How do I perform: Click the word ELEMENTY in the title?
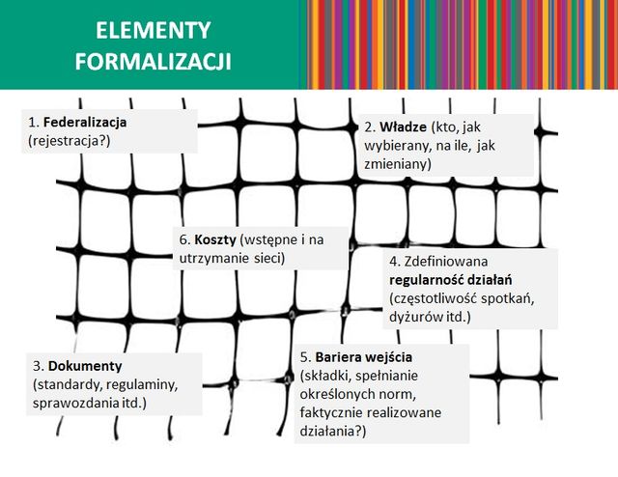tap(153, 31)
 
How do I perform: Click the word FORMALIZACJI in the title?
tap(153, 62)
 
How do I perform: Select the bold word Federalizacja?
tap(85, 123)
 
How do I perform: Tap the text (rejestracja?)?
tap(70, 141)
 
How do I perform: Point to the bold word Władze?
tap(404, 126)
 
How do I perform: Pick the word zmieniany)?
tap(398, 164)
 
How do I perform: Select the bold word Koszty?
tap(215, 239)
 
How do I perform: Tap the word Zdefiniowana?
tap(446, 261)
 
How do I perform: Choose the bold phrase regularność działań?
tap(451, 280)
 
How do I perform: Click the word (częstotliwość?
tap(434, 298)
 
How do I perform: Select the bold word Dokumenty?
tap(85, 366)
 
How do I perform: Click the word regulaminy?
tap(142, 384)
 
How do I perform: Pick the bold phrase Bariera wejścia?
tap(364, 357)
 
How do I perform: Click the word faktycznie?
tap(331, 412)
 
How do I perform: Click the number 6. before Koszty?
tap(184, 239)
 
